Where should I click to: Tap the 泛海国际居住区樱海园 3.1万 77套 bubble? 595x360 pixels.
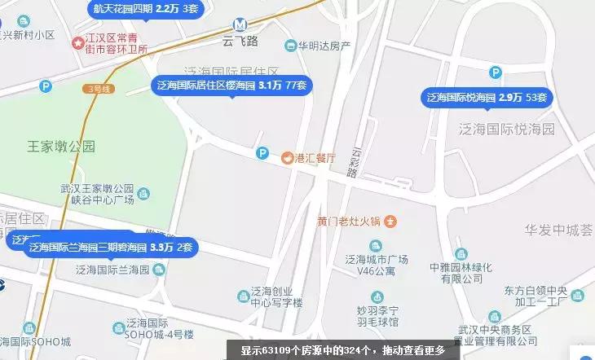(x=231, y=85)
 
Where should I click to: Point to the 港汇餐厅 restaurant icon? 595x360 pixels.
(x=287, y=158)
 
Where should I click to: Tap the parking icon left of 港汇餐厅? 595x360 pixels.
(x=262, y=152)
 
